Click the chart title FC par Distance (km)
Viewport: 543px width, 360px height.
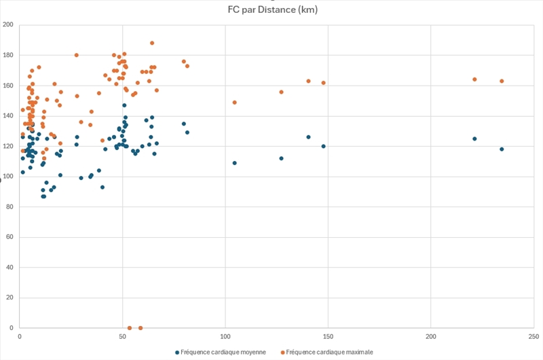point(272,10)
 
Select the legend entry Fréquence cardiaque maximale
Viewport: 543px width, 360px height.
point(329,352)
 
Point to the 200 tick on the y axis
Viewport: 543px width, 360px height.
point(8,25)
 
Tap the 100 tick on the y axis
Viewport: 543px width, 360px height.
point(8,177)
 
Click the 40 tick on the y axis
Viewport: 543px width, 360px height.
point(10,268)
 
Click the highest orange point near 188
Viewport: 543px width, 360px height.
point(152,43)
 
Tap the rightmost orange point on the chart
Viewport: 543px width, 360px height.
point(502,81)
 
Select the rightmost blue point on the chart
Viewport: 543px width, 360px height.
point(502,149)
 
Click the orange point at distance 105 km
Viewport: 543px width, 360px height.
point(235,103)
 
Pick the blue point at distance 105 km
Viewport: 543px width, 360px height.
point(235,163)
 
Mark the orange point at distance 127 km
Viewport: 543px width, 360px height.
point(281,92)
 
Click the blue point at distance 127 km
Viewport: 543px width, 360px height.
point(281,158)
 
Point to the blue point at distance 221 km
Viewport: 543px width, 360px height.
point(474,139)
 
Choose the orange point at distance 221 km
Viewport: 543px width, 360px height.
point(474,79)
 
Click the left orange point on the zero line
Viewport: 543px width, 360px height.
point(130,328)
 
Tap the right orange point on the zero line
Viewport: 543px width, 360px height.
point(141,328)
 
